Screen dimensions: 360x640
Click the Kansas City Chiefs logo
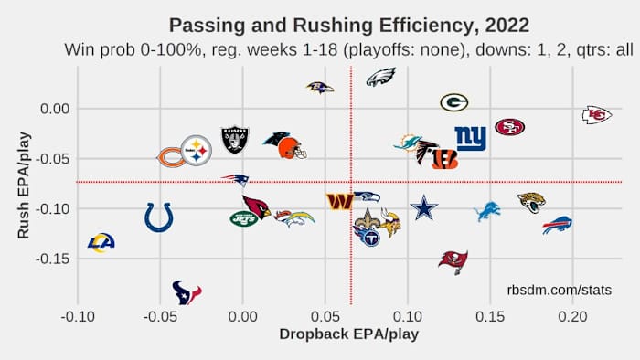point(597,114)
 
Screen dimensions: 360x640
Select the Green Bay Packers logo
point(454,102)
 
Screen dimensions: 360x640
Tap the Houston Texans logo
point(187,292)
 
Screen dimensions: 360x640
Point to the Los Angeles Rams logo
point(101,242)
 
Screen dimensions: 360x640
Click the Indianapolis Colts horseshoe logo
point(159,217)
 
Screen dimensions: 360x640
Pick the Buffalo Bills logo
point(557,225)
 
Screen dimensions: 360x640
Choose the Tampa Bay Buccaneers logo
point(453,261)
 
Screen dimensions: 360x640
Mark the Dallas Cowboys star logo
point(424,208)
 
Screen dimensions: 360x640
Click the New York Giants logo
point(471,139)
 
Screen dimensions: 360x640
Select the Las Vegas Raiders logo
point(235,140)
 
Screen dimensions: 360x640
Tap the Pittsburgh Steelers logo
point(197,150)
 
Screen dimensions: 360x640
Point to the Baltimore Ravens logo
point(320,87)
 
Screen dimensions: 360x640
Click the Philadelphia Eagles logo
point(380,77)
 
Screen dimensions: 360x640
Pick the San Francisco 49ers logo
point(509,127)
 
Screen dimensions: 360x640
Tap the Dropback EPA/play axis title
point(348,334)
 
